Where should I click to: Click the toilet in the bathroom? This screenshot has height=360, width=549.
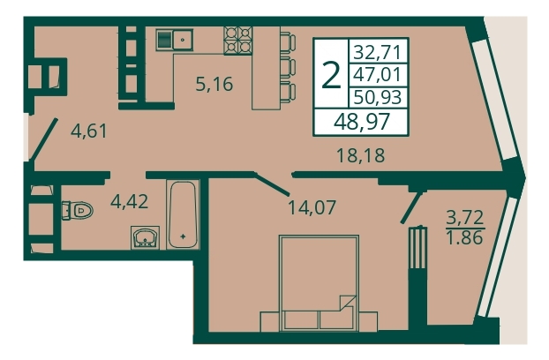pos(78,210)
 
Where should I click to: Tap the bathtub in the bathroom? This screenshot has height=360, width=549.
pos(183,214)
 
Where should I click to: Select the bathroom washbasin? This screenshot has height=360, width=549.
pos(145,237)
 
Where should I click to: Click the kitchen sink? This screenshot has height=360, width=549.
pos(175,41)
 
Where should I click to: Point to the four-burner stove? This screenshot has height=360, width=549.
pos(238,41)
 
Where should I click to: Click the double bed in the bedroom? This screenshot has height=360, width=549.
pos(319,283)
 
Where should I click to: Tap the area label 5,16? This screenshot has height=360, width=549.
pos(214,85)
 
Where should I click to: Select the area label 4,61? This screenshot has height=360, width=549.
pos(88,131)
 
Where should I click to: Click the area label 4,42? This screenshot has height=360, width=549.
pos(129,201)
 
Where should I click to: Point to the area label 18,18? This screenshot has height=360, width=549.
pos(360,155)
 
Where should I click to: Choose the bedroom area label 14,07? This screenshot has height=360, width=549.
pos(312,207)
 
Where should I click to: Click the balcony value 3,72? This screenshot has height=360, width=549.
pos(464,217)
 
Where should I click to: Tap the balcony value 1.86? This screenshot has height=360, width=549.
pos(464,237)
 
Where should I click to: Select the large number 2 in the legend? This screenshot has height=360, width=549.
pos(331,75)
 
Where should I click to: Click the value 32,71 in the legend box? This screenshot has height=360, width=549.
pos(377,52)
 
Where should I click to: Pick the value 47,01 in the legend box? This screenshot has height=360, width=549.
pos(377,74)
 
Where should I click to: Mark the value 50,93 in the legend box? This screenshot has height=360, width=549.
pos(377,96)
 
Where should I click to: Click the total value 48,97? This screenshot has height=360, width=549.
pos(362,122)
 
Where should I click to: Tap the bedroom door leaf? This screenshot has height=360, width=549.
pos(272,184)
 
